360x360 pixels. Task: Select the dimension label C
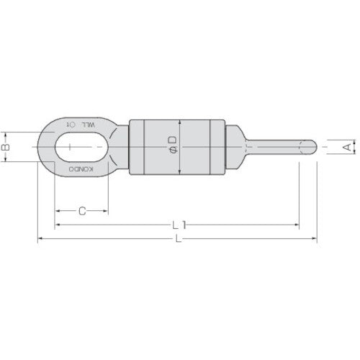[82, 211]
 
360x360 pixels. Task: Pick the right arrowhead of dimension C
[107, 211]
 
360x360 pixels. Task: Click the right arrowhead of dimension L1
[297, 225]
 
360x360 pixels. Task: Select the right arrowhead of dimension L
[314, 239]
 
